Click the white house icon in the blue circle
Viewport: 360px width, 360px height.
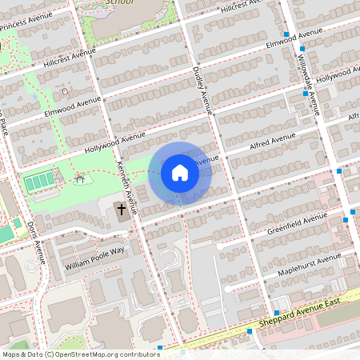click(x=180, y=173)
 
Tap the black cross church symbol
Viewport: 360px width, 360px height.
click(x=122, y=210)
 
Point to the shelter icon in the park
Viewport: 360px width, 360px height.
click(x=79, y=180)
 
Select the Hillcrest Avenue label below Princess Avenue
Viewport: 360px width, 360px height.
click(x=69, y=56)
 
